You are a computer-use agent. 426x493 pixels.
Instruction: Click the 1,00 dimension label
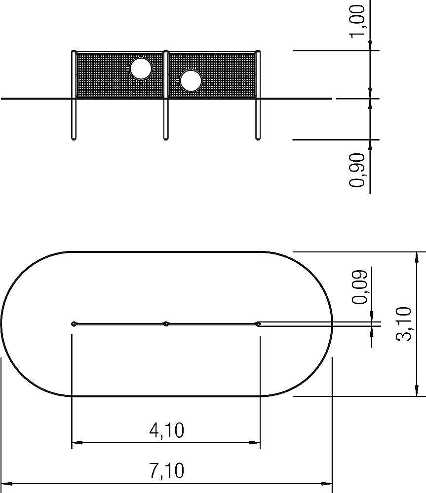(358, 21)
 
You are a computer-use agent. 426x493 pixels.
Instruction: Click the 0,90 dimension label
(358, 170)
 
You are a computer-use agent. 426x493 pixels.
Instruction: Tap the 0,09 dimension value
(359, 287)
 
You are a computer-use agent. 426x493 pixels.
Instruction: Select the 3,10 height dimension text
(403, 324)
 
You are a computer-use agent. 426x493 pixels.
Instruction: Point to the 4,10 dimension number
(166, 430)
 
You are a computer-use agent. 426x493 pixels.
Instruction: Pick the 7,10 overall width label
(166, 470)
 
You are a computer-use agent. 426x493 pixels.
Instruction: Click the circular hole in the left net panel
(141, 69)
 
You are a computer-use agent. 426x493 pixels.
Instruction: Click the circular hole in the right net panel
(191, 80)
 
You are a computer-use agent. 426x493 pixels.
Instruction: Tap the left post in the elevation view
(74, 95)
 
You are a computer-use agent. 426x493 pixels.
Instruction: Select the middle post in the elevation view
(166, 95)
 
